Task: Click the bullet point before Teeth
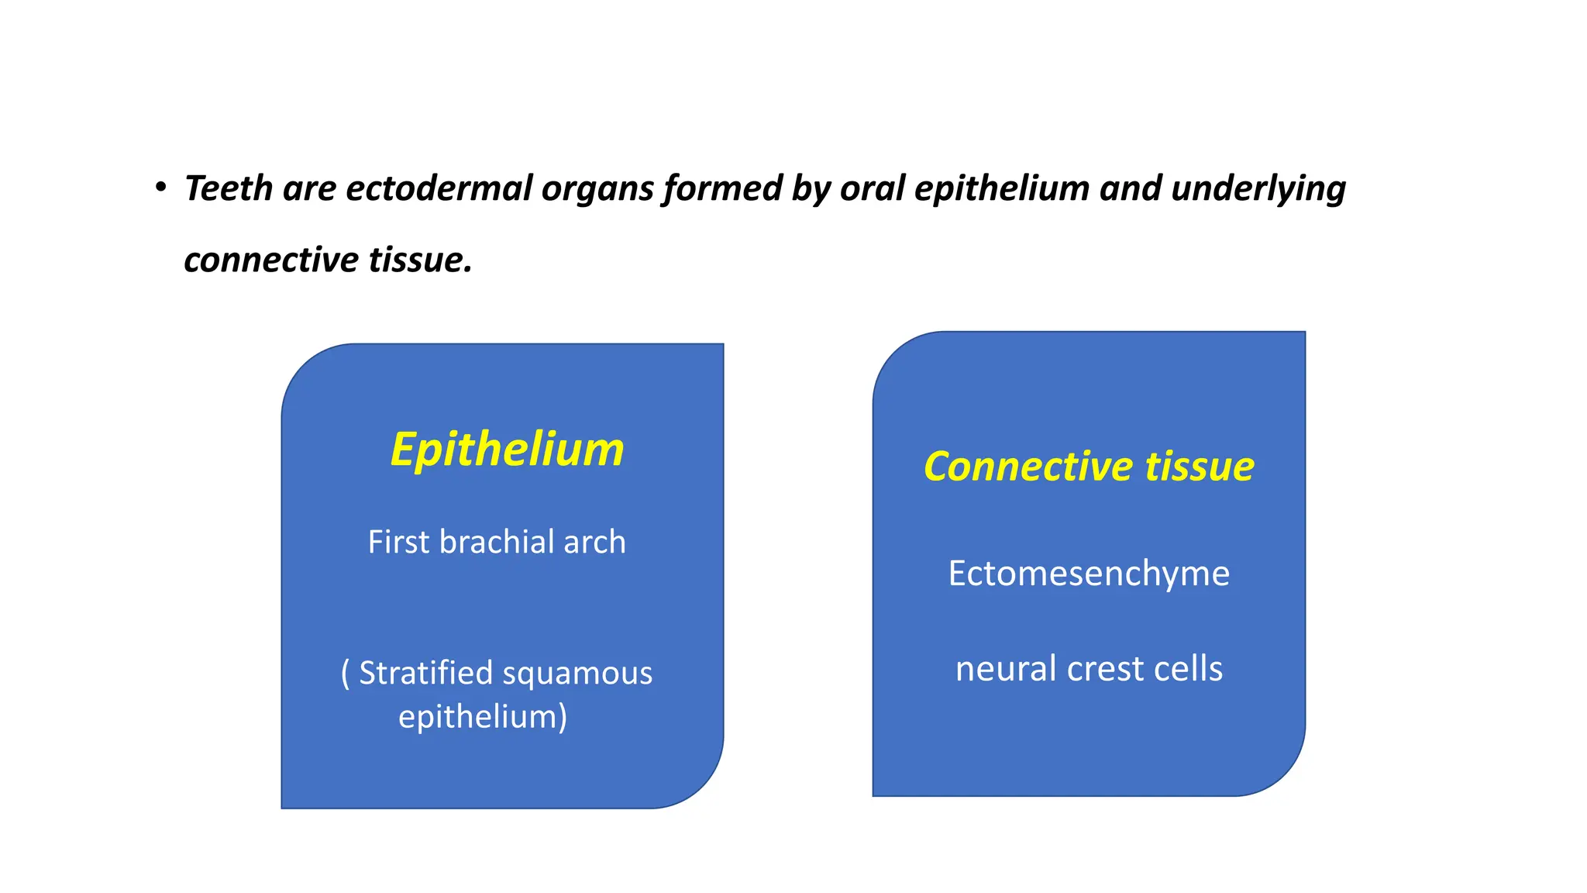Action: coord(160,188)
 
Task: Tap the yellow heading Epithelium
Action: coord(507,450)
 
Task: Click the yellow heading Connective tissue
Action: coord(1089,467)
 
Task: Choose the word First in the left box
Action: coord(398,542)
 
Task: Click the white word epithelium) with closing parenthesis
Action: coord(483,717)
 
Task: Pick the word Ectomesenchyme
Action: coord(1089,574)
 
